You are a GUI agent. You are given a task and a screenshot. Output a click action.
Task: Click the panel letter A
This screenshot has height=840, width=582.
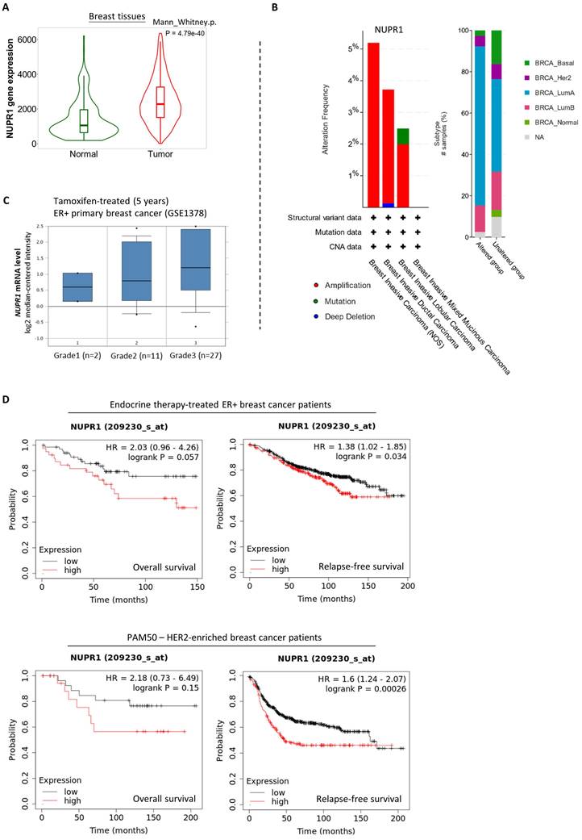(8, 8)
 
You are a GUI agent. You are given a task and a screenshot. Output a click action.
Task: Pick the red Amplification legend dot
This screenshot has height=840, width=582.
(296, 286)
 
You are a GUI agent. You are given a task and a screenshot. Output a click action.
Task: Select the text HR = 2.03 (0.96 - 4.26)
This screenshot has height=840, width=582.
(156, 448)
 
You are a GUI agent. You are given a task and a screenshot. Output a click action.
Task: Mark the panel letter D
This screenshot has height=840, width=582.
(8, 399)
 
